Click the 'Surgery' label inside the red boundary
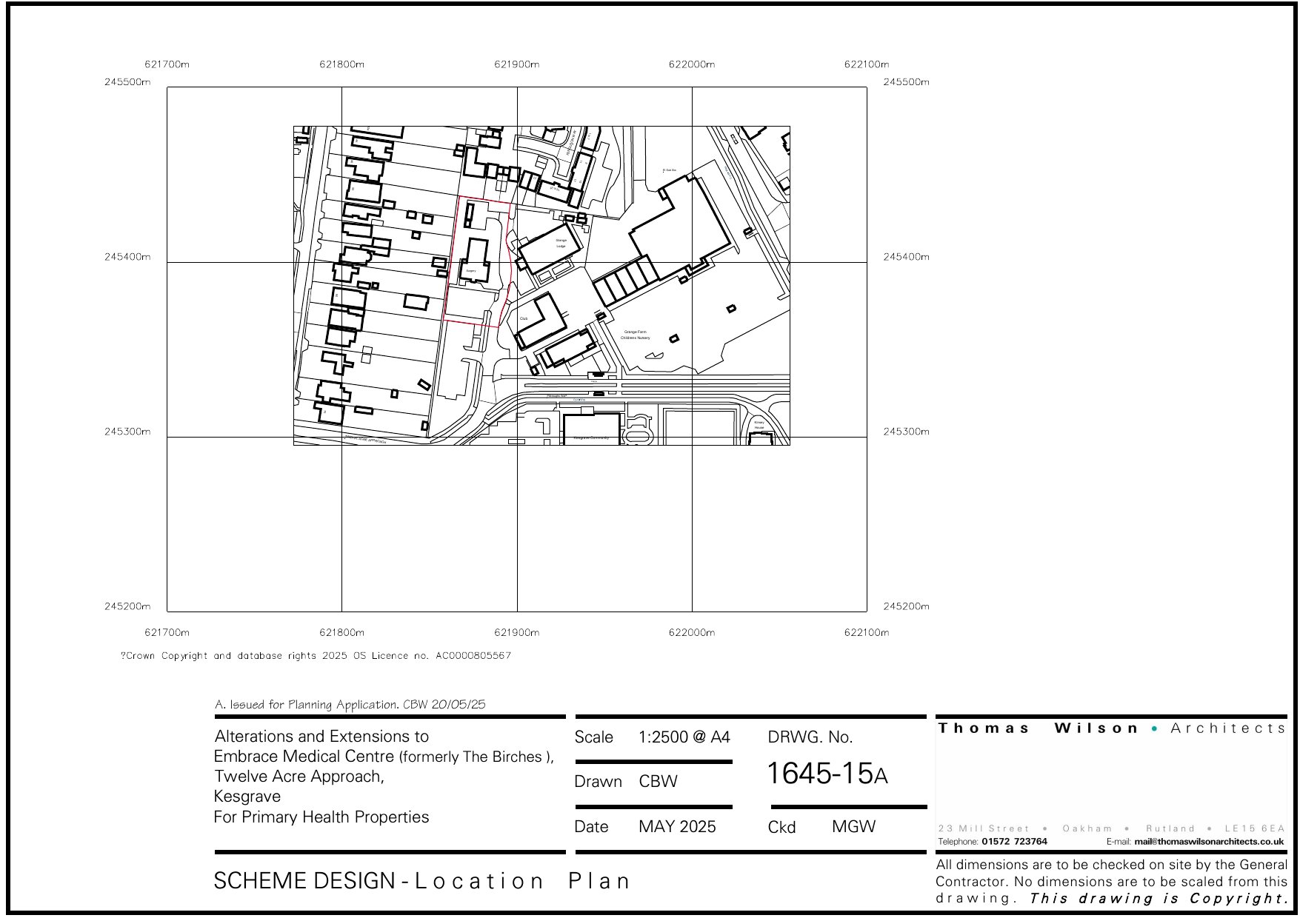pyautogui.click(x=471, y=271)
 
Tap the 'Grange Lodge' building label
pyautogui.click(x=561, y=243)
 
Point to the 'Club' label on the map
pyautogui.click(x=524, y=318)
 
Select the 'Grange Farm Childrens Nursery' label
pyautogui.click(x=636, y=335)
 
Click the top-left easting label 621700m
pyautogui.click(x=167, y=64)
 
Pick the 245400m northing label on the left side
pyautogui.click(x=127, y=257)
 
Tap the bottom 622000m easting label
pyautogui.click(x=692, y=632)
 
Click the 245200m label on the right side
pyautogui.click(x=906, y=606)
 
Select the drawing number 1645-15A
pyautogui.click(x=827, y=774)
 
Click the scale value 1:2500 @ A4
pyautogui.click(x=684, y=737)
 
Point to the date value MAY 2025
pyautogui.click(x=677, y=827)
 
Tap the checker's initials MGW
pyautogui.click(x=853, y=827)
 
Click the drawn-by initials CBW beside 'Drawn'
pyautogui.click(x=658, y=782)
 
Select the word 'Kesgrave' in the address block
pyautogui.click(x=247, y=797)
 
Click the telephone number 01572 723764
pyautogui.click(x=1014, y=842)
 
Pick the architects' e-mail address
pyautogui.click(x=1209, y=842)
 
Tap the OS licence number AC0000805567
pyautogui.click(x=473, y=656)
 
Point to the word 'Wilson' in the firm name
pyautogui.click(x=1096, y=728)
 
